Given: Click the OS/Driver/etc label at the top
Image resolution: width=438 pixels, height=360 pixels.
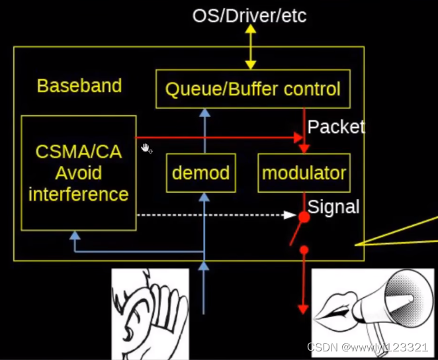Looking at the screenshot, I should click(249, 15).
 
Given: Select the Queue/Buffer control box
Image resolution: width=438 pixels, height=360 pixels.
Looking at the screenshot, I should click(253, 88).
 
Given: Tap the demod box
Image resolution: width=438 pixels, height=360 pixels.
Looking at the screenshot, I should click(200, 173).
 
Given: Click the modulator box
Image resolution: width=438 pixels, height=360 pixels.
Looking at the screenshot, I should click(304, 173).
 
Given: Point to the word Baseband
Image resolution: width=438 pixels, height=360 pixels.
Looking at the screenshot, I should click(79, 86).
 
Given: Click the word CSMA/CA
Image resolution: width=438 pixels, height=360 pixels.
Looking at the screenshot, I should click(78, 152).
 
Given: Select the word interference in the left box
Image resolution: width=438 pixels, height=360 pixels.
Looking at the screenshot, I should click(78, 195).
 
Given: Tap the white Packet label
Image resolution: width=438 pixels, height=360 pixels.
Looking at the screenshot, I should click(336, 127).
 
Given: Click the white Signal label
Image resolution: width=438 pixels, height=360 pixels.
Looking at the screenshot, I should click(333, 207).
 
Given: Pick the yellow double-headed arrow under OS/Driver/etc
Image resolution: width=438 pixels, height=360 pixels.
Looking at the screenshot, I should click(251, 48).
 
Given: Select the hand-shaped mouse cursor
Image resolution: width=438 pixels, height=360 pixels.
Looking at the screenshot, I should click(146, 148).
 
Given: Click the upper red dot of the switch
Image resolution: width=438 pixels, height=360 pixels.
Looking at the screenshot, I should click(304, 216).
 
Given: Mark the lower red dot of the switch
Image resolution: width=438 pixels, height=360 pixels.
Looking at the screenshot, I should click(304, 249).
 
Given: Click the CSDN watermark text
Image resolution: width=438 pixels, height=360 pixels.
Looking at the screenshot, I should click(367, 347).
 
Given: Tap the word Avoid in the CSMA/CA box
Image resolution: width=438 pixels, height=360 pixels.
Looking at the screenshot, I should click(78, 173).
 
